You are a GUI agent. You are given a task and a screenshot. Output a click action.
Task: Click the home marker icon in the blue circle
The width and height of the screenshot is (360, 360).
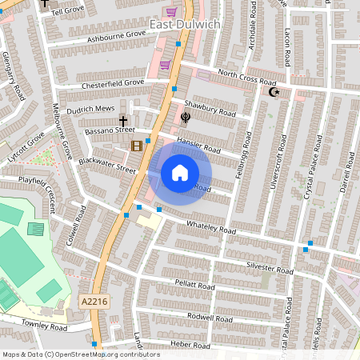180,173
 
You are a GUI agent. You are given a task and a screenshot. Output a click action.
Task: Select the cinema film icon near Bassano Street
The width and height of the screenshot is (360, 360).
137,146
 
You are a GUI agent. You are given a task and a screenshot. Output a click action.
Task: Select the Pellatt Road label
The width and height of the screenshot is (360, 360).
194,286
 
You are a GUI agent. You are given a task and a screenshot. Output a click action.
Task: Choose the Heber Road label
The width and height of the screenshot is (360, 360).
190,346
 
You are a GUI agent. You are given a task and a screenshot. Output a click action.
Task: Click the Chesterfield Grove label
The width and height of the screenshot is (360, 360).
112,82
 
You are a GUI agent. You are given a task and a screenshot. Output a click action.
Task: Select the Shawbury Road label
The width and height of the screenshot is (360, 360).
210,108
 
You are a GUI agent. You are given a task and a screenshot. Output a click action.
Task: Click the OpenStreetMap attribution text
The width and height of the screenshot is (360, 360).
80,354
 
